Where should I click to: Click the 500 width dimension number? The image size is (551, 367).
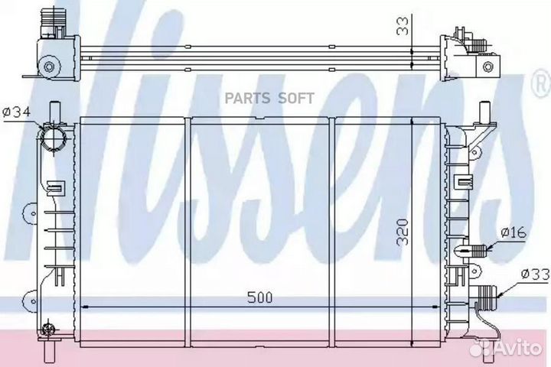(x=259, y=297)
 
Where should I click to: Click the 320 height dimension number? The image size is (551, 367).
(x=403, y=232)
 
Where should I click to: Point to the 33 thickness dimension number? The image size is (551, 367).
(x=403, y=26)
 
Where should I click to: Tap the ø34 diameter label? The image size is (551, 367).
(x=17, y=112)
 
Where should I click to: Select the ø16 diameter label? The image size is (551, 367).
(x=514, y=232)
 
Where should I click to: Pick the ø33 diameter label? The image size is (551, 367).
(x=534, y=274)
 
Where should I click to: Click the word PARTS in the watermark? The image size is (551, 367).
(x=247, y=99)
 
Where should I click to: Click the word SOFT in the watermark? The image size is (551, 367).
(x=296, y=99)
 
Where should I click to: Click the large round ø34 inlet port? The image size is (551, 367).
(x=54, y=138)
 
